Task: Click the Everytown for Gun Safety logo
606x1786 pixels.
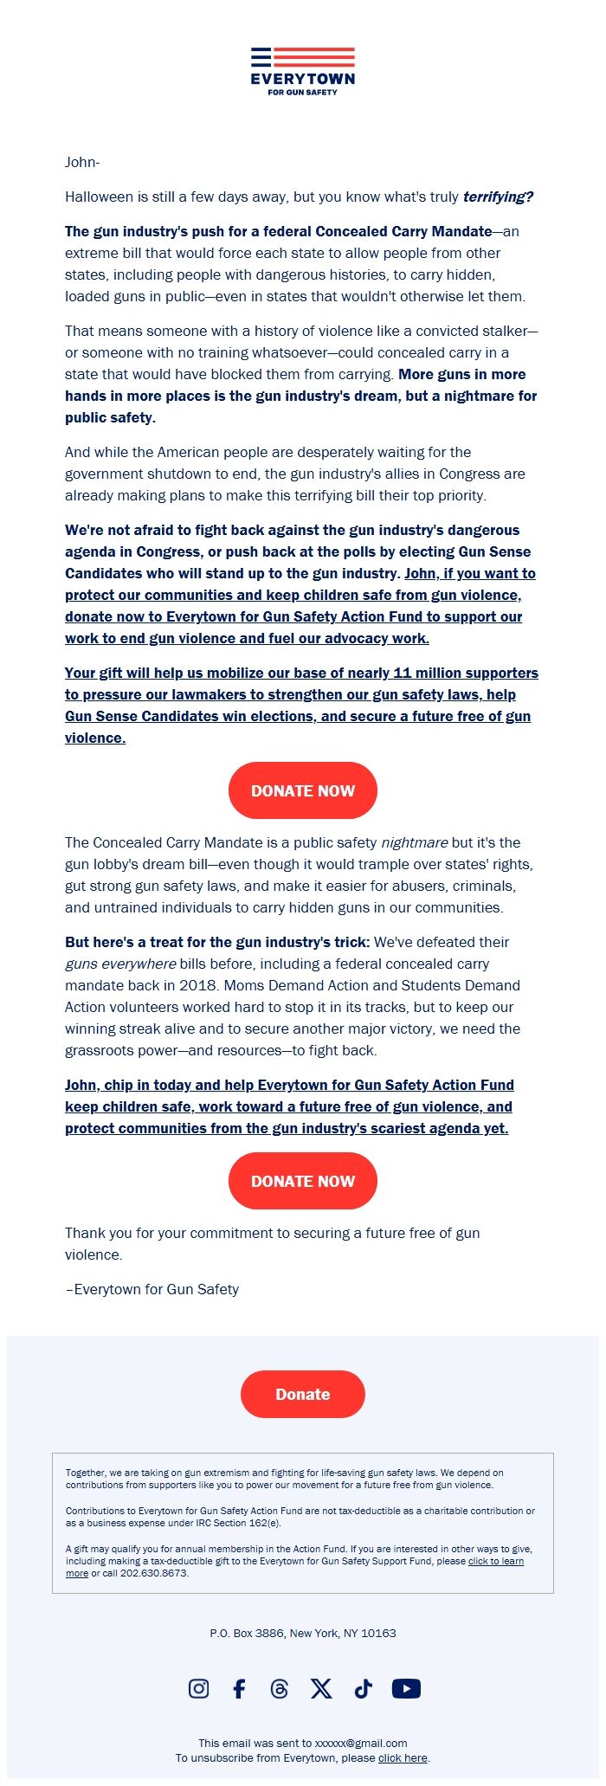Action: coord(303,71)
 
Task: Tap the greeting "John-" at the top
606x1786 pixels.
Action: coord(82,162)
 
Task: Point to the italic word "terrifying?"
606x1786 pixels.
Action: coord(498,197)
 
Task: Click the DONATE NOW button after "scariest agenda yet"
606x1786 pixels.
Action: coord(303,1181)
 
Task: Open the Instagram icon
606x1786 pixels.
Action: coord(198,1688)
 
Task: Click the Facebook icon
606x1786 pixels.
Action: coord(239,1688)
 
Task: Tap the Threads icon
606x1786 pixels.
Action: coord(280,1688)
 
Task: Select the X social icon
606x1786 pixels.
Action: coord(321,1688)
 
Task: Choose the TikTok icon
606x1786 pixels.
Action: coord(363,1688)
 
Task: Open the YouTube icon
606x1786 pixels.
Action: coord(406,1688)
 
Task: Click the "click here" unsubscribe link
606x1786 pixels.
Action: coord(403,1757)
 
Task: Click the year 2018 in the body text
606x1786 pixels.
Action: coord(198,985)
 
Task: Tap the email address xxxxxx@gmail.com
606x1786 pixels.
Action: coord(361,1743)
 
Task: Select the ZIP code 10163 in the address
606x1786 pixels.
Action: coord(379,1633)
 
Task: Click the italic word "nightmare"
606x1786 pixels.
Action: coord(415,842)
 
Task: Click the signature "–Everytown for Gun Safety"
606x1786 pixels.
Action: coord(152,1289)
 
